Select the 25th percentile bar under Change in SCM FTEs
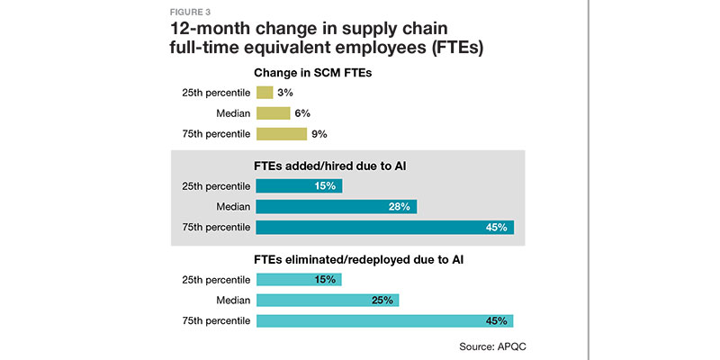265,92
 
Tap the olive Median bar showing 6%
273,112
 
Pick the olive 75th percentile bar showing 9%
281,134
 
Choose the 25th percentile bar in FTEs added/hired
299,186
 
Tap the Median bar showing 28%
336,206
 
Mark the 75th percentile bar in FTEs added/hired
384,227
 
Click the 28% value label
400,206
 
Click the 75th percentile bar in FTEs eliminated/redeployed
384,321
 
